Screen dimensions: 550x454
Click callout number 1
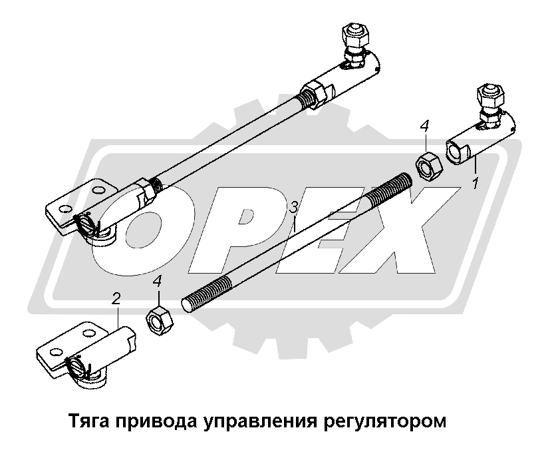pos(476,183)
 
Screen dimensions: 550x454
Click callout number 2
pos(116,299)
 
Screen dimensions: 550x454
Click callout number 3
pos(293,208)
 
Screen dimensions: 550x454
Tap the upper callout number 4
pos(425,126)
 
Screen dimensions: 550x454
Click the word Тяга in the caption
pos(91,421)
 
